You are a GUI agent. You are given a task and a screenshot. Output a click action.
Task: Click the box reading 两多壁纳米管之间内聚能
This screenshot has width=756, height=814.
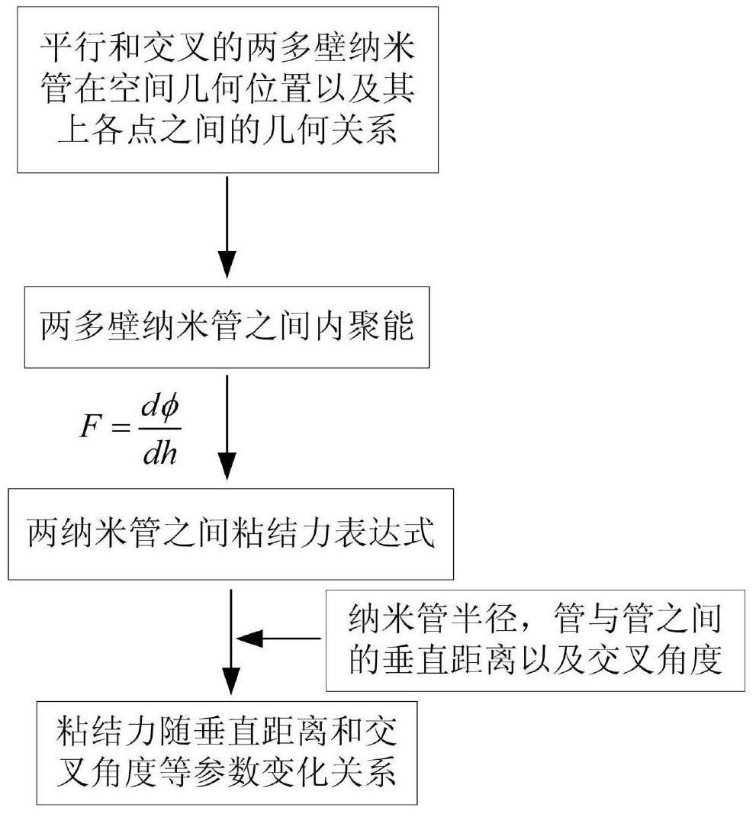coord(227,327)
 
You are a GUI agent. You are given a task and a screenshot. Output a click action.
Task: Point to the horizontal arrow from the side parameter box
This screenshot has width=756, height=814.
coord(278,638)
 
